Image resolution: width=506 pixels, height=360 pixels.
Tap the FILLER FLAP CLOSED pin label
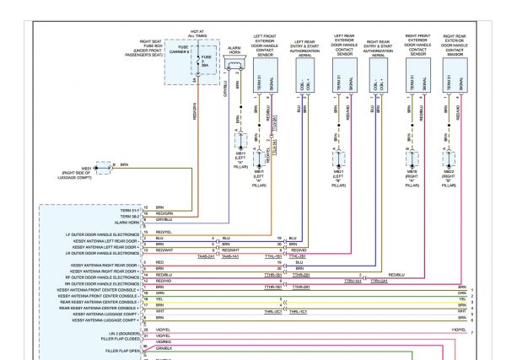120,340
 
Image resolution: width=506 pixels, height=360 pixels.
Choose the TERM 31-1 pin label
129,207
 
